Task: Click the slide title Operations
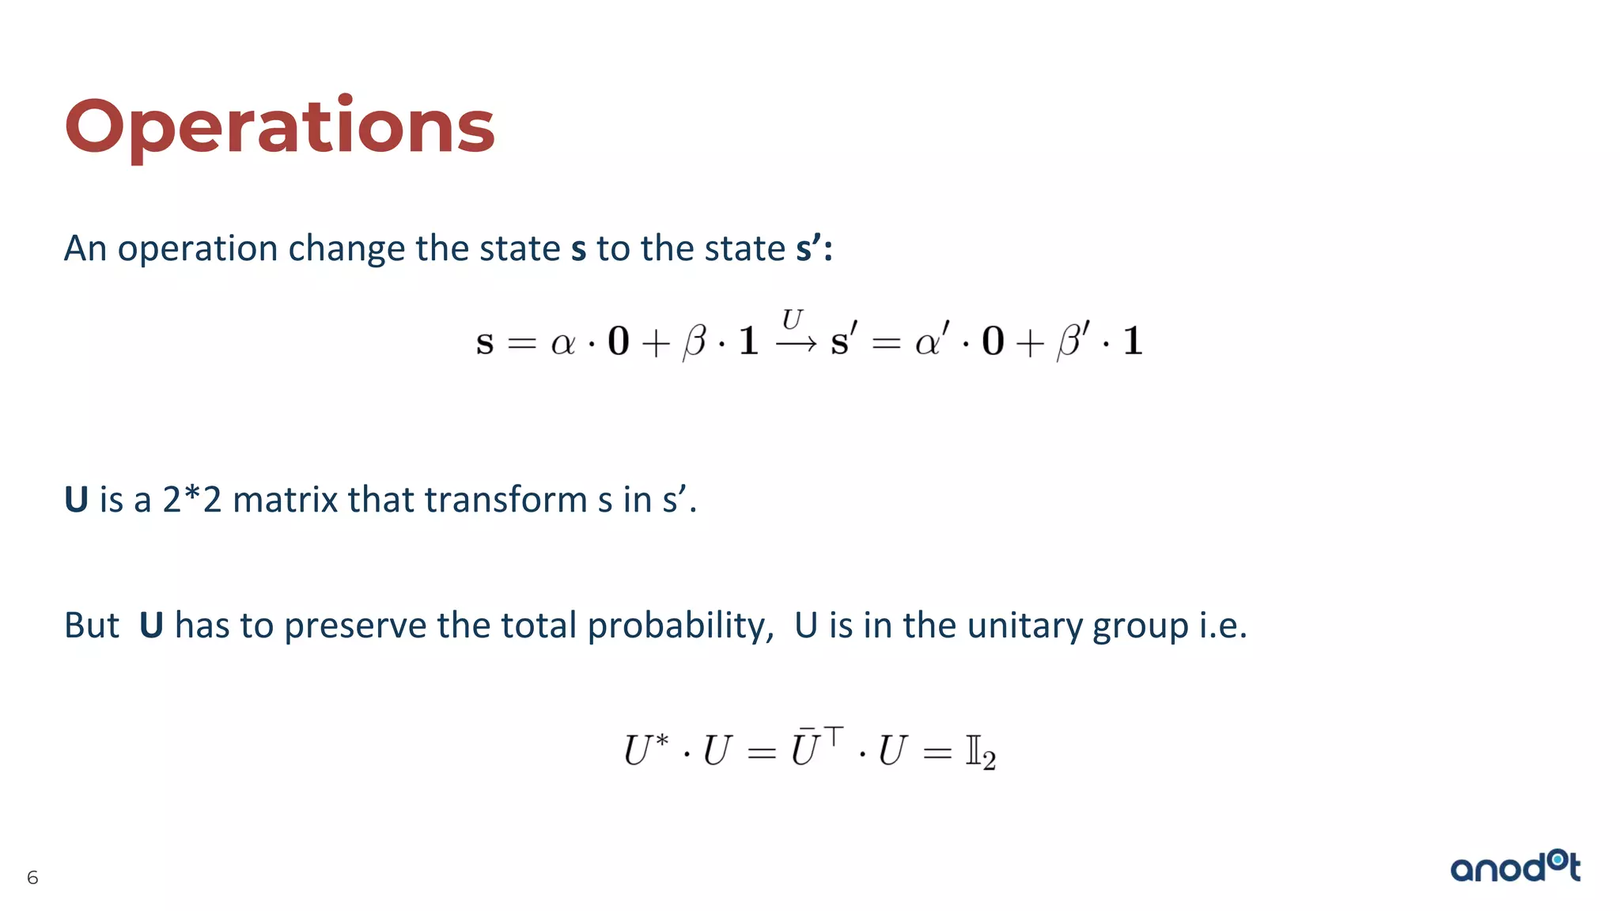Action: click(279, 127)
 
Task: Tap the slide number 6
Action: click(32, 877)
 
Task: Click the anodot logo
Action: click(1515, 867)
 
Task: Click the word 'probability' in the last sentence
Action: click(679, 626)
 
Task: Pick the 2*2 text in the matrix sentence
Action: click(191, 500)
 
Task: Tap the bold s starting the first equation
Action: click(485, 342)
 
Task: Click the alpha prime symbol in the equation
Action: click(932, 340)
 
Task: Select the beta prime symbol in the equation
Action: click(1073, 340)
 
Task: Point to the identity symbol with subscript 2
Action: click(980, 752)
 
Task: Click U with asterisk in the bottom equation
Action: click(645, 749)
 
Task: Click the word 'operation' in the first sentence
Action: click(198, 249)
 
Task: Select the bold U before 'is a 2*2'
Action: click(76, 500)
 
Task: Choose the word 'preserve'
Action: click(355, 626)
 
